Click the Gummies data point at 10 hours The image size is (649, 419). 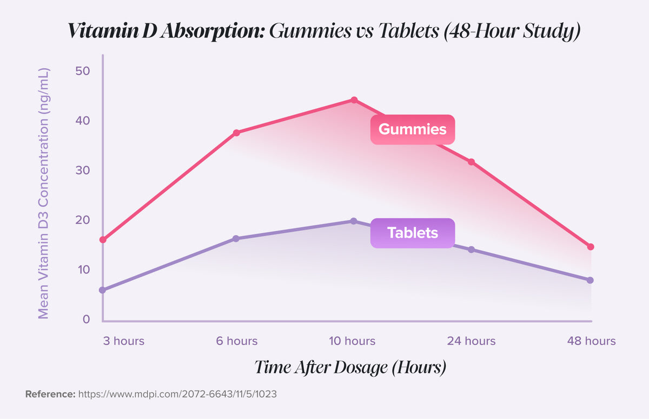point(354,100)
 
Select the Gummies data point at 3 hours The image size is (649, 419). point(103,239)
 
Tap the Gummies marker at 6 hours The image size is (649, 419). point(236,133)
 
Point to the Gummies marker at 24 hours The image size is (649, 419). point(471,162)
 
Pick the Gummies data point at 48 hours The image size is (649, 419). point(591,247)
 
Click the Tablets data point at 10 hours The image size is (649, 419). point(354,221)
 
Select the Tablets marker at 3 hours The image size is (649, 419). point(103,290)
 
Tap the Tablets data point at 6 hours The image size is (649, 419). point(236,239)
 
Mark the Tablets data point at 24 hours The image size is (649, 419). point(471,250)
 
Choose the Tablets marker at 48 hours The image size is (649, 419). point(591,280)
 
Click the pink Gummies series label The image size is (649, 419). point(412,129)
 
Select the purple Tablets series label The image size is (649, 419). point(412,233)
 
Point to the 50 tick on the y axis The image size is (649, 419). point(83,71)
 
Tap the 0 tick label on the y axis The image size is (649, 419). point(86,319)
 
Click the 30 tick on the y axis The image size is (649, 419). point(83,171)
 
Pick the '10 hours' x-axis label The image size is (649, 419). point(352,341)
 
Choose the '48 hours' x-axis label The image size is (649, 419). point(591,341)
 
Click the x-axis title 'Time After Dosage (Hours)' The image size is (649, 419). point(350,367)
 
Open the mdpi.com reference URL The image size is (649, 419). point(177,394)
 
